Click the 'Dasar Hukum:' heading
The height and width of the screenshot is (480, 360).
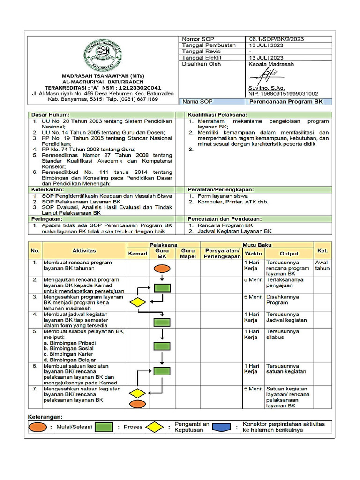click(x=50, y=114)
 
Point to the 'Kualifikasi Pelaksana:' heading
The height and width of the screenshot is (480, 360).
click(x=217, y=114)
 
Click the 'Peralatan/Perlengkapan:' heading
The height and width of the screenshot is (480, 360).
click(x=221, y=189)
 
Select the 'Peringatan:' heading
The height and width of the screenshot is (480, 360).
click(x=46, y=218)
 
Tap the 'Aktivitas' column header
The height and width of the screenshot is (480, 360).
click(x=84, y=251)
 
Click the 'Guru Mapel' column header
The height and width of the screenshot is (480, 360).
click(x=187, y=254)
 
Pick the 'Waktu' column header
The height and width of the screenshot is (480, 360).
click(x=253, y=254)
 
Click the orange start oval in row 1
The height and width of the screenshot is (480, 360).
click(x=162, y=268)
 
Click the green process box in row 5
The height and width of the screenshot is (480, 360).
click(x=162, y=346)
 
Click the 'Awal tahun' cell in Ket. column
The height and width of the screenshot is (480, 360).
click(x=322, y=265)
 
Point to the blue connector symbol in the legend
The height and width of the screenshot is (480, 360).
click(x=225, y=427)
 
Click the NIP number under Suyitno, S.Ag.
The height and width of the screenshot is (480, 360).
click(x=283, y=94)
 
